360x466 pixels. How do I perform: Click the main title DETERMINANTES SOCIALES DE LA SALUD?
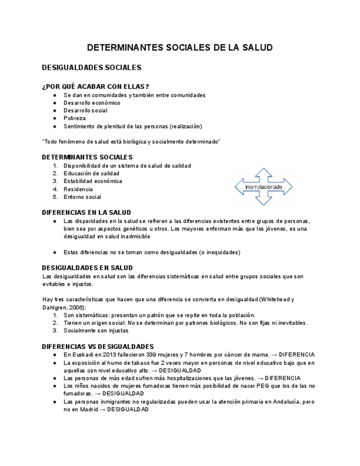[x=180, y=48]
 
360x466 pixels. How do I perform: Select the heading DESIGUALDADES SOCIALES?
[x=92, y=68]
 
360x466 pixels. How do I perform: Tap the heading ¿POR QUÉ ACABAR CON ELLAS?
[x=96, y=86]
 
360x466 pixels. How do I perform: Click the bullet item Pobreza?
[x=74, y=118]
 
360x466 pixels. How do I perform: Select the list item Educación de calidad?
[x=91, y=173]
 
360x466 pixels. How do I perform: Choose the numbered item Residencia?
[x=78, y=189]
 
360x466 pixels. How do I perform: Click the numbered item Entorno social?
[x=82, y=197]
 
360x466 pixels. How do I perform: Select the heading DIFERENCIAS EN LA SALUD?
[x=86, y=213]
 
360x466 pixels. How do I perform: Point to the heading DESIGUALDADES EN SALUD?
[x=87, y=268]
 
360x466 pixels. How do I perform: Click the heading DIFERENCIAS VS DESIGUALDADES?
[x=98, y=347]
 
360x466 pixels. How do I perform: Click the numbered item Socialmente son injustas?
[x=96, y=331]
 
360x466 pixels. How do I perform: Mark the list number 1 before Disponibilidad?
[x=55, y=165]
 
